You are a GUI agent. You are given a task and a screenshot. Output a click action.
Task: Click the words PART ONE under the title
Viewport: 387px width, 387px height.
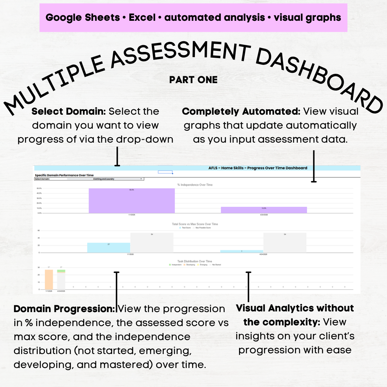(x=193, y=80)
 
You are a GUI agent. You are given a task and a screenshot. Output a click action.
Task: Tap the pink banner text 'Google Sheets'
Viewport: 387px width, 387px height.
(x=82, y=18)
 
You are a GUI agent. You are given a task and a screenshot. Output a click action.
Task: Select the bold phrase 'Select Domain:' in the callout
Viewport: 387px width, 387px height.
(x=69, y=111)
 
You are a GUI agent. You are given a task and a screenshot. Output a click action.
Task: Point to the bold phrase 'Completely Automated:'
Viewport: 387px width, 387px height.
(x=241, y=111)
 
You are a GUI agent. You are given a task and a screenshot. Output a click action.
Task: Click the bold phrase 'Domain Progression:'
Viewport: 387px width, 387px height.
(x=64, y=309)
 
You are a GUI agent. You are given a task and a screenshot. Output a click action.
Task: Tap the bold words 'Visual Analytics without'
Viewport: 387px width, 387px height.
(x=295, y=308)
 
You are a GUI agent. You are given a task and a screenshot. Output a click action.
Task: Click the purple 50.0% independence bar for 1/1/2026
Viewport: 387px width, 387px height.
(x=132, y=201)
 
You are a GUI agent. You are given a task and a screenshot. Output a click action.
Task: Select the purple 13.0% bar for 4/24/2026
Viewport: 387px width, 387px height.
(x=264, y=210)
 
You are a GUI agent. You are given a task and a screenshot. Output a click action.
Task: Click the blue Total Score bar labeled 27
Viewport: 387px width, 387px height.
(x=109, y=248)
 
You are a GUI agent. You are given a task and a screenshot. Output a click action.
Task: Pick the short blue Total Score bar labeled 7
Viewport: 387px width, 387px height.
(x=242, y=251)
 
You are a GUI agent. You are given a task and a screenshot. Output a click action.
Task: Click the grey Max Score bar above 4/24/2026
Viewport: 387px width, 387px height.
(x=285, y=243)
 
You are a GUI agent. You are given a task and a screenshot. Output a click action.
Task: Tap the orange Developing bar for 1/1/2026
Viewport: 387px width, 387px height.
(x=49, y=279)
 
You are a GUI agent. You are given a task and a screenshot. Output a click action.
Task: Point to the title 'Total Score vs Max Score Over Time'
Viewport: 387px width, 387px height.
(x=195, y=224)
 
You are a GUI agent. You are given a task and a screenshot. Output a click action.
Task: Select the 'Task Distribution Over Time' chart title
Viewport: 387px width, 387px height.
(x=195, y=261)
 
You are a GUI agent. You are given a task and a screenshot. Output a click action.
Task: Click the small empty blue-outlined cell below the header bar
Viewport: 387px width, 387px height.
(x=165, y=172)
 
